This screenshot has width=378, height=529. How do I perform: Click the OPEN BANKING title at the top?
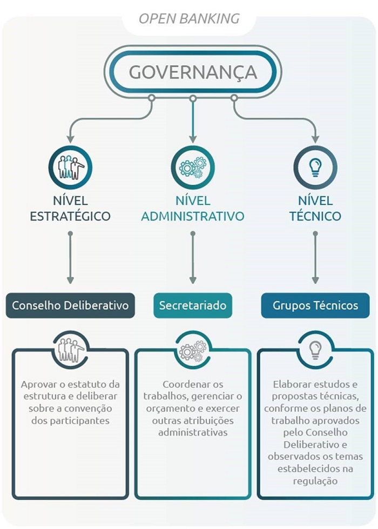coord(189,18)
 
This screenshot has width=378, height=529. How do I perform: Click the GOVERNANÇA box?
coord(192,71)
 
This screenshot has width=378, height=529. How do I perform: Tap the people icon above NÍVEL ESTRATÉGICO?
coord(70,167)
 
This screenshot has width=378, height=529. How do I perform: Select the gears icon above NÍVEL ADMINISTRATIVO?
coord(193,167)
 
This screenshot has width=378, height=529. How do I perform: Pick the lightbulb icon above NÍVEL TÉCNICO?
coord(315,167)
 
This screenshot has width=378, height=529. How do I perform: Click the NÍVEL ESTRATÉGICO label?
coord(70,209)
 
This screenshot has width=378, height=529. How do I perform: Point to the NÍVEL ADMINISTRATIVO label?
coord(193,209)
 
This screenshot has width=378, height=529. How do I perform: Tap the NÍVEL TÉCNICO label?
coord(315,209)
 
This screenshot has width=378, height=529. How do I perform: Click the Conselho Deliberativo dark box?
coord(70,305)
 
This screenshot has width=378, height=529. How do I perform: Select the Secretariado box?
coord(193,305)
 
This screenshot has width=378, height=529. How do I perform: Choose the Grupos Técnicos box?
coord(315,305)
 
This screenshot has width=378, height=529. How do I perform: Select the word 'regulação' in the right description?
coord(315,481)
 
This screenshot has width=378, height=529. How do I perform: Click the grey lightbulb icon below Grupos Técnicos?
coord(315,349)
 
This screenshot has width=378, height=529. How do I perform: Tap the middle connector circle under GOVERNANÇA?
coord(193,98)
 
